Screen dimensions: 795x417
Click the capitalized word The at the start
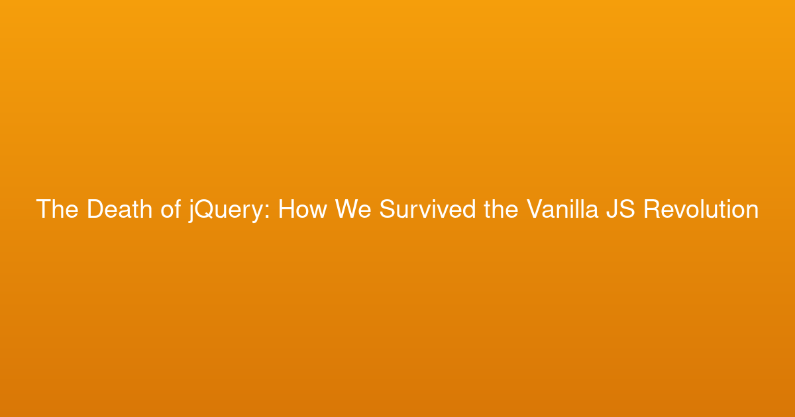click(57, 209)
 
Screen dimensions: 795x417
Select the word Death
click(120, 209)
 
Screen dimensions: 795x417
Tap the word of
click(171, 209)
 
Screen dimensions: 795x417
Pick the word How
click(302, 209)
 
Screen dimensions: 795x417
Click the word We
click(353, 209)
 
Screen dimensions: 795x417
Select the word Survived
click(428, 209)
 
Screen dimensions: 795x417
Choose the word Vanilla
click(562, 209)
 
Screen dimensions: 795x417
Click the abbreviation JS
click(621, 209)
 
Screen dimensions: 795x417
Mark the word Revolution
click(702, 209)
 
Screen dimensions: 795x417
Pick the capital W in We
click(347, 209)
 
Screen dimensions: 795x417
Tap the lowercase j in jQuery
click(191, 211)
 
